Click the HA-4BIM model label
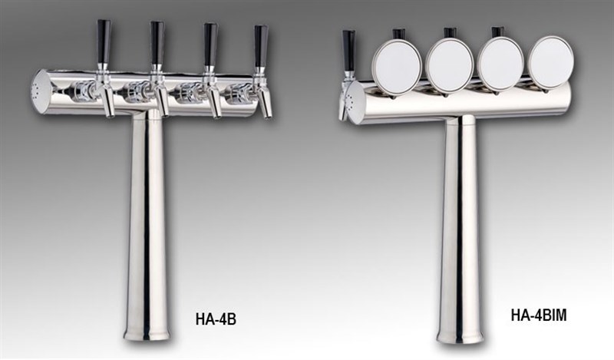(538, 315)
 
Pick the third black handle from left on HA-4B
(209, 43)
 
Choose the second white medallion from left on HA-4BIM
(449, 61)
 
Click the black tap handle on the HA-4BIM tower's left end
(348, 51)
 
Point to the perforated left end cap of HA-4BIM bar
(355, 99)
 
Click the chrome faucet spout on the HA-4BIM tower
(343, 105)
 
